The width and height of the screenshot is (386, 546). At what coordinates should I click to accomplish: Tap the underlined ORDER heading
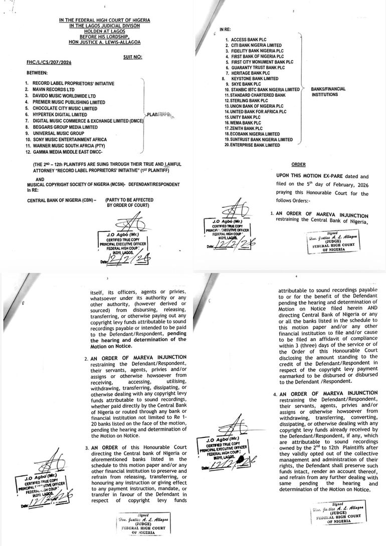(298, 164)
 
